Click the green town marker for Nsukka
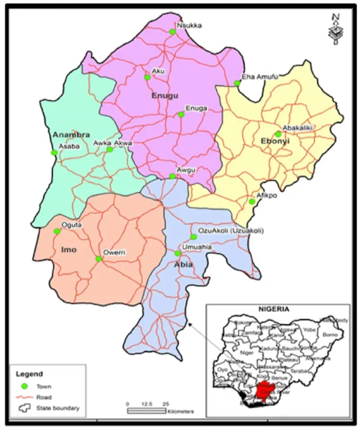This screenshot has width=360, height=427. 172,32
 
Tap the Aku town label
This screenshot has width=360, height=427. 158,72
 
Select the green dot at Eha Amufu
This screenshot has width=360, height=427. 237,83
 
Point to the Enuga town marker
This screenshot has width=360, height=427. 181,114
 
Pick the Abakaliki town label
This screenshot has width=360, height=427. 298,128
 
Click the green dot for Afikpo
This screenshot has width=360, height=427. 252,202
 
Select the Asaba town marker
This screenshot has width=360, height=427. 54,152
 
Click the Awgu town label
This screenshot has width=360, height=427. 184,170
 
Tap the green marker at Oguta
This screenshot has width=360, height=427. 57,231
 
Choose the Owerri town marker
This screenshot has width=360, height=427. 99,259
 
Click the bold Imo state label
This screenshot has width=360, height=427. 68,250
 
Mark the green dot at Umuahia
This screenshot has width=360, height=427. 177,253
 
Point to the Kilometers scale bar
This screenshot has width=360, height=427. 147,411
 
